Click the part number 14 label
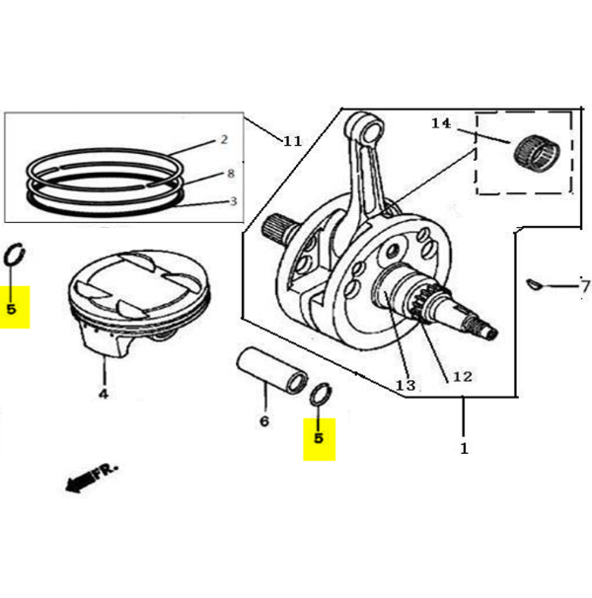(x=440, y=123)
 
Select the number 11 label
(x=291, y=141)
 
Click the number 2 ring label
(x=224, y=140)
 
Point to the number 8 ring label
(x=230, y=173)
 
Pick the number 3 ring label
(x=232, y=201)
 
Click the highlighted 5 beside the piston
(x=12, y=308)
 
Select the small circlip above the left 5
(x=15, y=254)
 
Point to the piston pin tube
(x=269, y=370)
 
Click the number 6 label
(x=264, y=421)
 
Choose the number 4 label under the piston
(x=103, y=395)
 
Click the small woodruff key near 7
(x=535, y=286)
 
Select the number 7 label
(x=584, y=286)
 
